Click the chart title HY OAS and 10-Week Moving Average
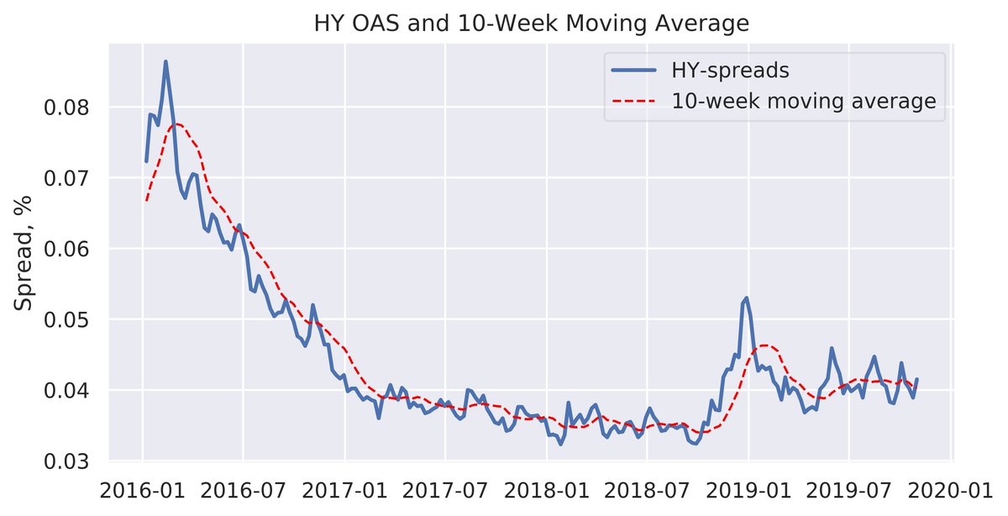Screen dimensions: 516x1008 (531, 24)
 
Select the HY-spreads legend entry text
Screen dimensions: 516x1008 (729, 71)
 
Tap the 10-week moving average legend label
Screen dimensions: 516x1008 (803, 102)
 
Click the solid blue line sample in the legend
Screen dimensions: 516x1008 (635, 71)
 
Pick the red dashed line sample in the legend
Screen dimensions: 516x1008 (635, 102)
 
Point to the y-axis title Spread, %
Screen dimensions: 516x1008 (23, 251)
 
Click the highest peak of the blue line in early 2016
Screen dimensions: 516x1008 (165, 61)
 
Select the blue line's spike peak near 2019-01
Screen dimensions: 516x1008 (746, 297)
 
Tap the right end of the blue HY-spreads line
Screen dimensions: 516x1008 (916, 379)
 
